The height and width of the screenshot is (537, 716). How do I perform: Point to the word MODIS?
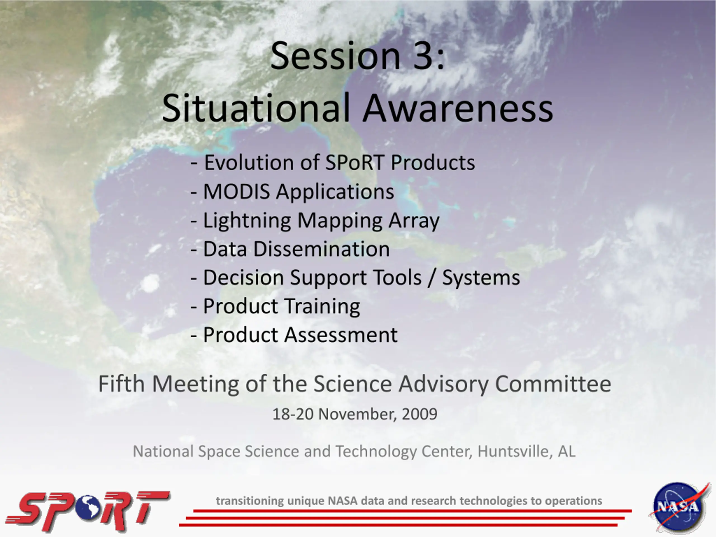pos(236,191)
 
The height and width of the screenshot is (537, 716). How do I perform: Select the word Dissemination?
pos(321,249)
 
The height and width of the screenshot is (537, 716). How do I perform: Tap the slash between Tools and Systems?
pos(432,278)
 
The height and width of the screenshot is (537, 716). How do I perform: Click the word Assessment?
pos(341,335)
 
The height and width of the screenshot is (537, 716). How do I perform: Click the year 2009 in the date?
pos(420,414)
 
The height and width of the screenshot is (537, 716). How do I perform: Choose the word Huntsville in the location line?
pos(515,451)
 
